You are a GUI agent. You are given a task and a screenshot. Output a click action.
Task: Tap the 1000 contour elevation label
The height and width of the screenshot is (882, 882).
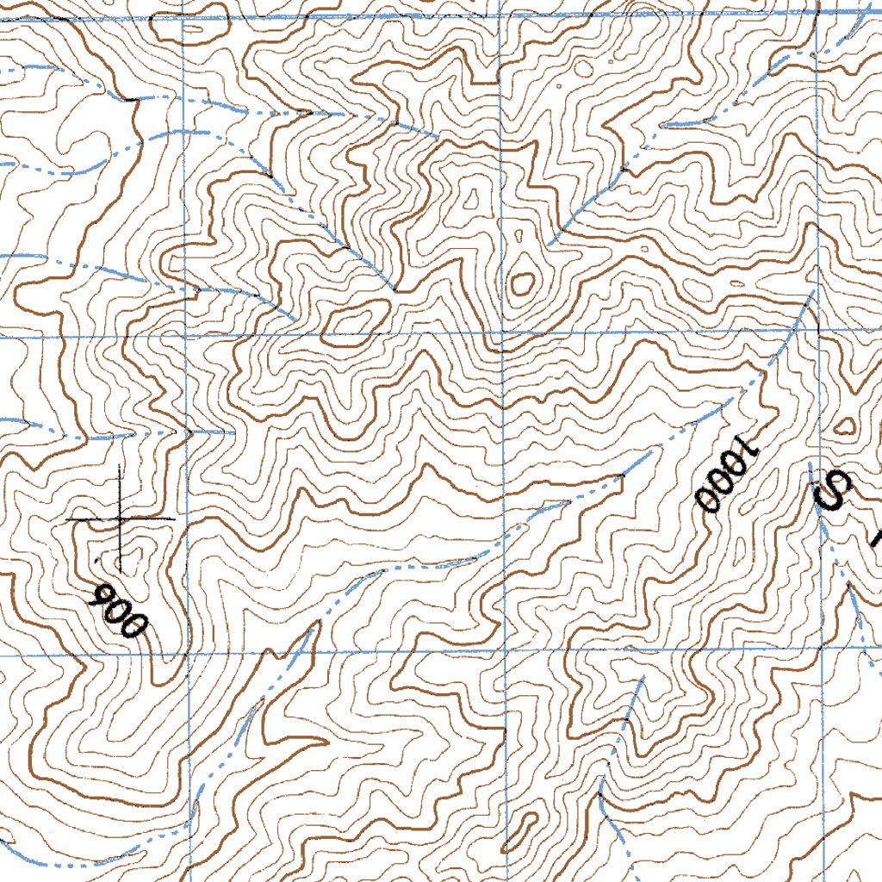[728, 476]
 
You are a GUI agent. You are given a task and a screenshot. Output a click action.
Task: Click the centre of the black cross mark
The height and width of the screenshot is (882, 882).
[120, 519]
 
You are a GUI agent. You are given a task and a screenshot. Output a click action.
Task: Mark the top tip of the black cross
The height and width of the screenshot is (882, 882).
[120, 466]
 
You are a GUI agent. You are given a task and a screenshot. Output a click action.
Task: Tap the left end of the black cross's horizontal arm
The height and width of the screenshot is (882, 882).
[66, 519]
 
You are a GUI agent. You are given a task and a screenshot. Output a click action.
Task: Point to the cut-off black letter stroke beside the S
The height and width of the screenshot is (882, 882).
[876, 539]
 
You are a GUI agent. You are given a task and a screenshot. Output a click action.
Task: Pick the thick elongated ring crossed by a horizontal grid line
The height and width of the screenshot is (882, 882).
[356, 322]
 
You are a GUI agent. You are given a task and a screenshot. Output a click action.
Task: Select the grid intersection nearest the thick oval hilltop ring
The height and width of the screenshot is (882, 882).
[502, 332]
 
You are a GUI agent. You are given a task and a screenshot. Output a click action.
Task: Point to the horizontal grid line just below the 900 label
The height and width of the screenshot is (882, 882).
[86, 654]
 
